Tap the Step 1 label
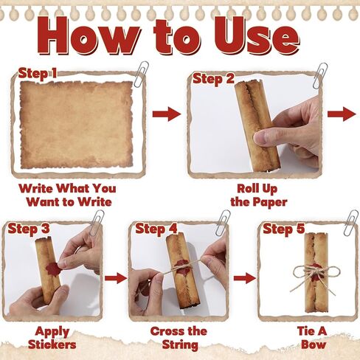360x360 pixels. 38,74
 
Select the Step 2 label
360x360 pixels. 213,79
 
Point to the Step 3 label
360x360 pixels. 29,229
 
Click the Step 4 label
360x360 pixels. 156,229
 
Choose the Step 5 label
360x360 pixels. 284,229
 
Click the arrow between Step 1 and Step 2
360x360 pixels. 167,114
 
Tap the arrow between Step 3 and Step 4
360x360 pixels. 116,278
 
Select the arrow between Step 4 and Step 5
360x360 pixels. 245,278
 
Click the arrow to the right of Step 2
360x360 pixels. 342,114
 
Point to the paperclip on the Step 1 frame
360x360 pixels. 142,75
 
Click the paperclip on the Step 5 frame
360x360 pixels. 351,223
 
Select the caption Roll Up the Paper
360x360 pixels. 259,195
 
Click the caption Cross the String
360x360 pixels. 179,338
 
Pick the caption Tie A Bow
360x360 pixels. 312,337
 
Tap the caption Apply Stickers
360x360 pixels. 52,338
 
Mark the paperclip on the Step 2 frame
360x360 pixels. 320,76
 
